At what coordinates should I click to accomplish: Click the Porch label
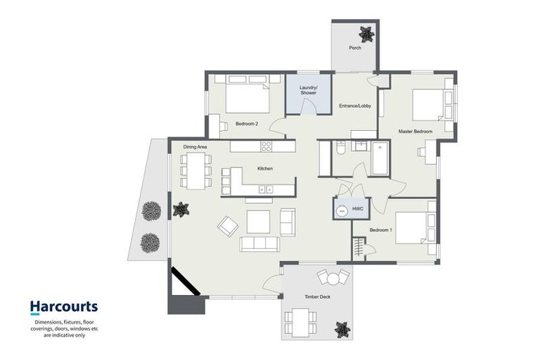[355, 49]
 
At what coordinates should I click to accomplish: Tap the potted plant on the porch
[366, 33]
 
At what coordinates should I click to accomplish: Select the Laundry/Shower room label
[308, 90]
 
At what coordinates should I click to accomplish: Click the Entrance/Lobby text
[355, 106]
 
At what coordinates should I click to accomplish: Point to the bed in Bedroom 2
[247, 96]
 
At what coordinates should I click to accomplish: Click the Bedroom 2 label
[247, 124]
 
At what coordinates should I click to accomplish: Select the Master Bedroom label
[416, 131]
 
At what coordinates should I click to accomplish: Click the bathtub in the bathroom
[380, 158]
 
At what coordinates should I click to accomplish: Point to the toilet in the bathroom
[340, 149]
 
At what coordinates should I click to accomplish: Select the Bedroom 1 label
[381, 230]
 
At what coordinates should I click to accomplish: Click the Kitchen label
[264, 169]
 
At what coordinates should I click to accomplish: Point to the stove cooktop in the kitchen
[266, 146]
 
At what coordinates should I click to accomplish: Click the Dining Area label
[195, 146]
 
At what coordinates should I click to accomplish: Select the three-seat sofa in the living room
[259, 244]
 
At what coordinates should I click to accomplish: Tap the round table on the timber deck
[332, 277]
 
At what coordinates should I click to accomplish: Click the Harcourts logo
[63, 307]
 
